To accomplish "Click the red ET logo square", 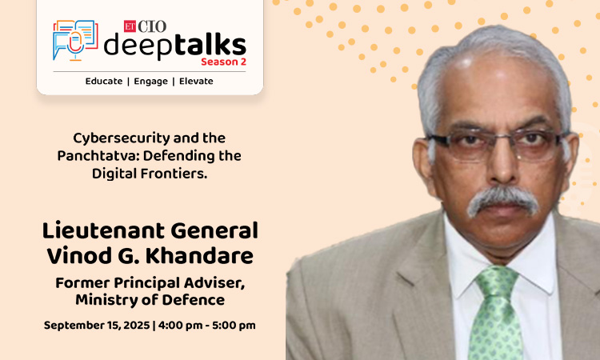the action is tap(130, 26).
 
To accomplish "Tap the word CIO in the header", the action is tap(152, 26).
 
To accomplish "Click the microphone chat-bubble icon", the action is tap(75, 40).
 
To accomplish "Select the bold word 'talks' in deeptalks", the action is tap(210, 45).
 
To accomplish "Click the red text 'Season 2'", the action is tap(223, 62).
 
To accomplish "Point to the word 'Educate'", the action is tap(104, 81).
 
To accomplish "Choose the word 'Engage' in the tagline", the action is tap(150, 82).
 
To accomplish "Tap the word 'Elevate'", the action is tap(196, 81).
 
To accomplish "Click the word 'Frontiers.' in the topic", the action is tap(174, 174).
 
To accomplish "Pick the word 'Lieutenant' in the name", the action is tap(103, 230).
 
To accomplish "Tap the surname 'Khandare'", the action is tap(199, 256).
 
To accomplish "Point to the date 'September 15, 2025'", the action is tap(97, 325).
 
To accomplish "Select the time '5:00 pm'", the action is tap(234, 326).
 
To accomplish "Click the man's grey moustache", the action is tap(502, 198).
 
